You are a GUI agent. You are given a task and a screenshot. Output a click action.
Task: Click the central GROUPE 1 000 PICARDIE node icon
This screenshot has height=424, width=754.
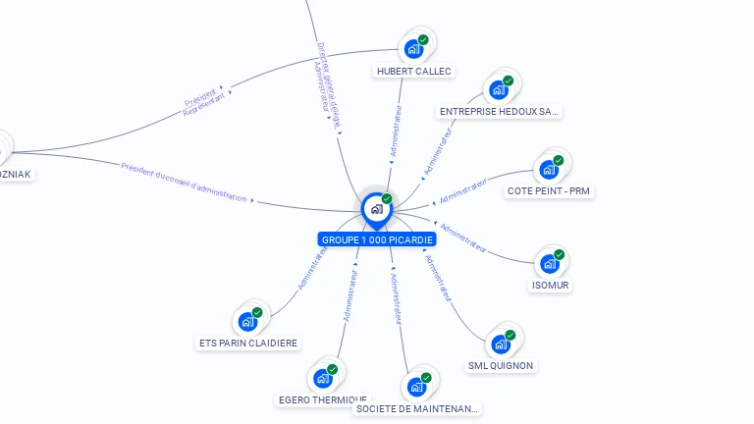[375, 209]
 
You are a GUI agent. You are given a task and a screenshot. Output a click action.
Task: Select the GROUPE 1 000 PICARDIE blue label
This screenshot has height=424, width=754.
[377, 239]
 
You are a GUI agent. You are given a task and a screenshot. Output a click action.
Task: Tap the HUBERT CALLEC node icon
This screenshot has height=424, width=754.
[413, 48]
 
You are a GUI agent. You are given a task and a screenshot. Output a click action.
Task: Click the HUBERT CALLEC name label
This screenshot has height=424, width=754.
[414, 71]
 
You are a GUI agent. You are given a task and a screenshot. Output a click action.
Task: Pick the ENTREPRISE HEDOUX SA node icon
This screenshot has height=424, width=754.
[499, 89]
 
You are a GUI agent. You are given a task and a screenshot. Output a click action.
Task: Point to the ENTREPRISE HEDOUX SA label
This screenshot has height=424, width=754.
[499, 112]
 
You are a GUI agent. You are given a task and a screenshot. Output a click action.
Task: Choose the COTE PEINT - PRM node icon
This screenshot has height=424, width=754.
[549, 169]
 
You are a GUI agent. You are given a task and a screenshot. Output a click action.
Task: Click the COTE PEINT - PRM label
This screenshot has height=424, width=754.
[550, 190]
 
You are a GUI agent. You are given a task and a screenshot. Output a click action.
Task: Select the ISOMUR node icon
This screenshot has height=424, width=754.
[550, 263]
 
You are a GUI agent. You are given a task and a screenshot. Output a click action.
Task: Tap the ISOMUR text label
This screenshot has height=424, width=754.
[550, 286]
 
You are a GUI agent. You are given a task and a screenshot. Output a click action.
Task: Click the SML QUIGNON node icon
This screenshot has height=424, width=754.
[501, 344]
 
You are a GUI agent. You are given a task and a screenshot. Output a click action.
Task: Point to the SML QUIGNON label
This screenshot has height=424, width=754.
[501, 366]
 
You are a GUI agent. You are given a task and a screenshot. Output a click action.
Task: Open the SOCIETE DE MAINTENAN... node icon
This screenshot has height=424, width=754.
[416, 387]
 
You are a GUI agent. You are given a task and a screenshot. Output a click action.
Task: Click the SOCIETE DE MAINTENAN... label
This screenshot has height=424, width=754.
[417, 408]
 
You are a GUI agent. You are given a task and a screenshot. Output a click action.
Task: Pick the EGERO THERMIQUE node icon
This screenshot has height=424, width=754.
[323, 378]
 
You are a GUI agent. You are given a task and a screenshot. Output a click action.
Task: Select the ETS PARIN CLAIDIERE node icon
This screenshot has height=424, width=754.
[247, 321]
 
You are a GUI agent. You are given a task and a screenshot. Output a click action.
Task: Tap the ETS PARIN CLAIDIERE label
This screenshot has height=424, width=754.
[248, 344]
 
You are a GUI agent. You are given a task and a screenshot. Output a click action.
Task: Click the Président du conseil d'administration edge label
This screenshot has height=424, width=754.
[184, 182]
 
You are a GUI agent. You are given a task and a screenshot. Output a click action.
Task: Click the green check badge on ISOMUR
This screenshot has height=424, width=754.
[560, 254]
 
